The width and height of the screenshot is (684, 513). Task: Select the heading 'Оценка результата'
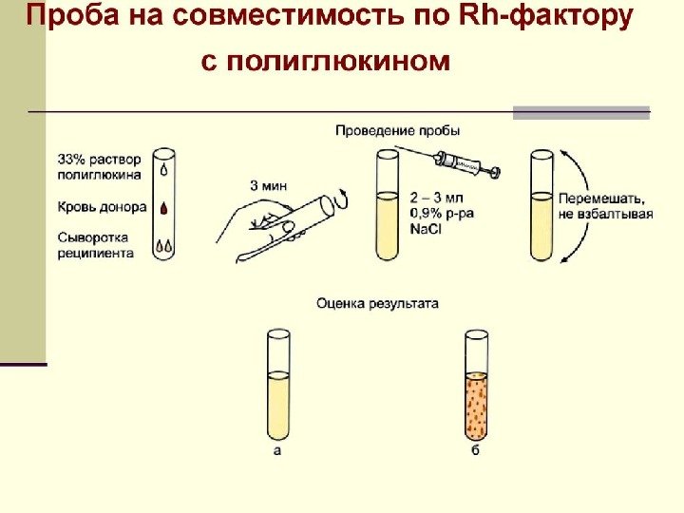coord(377,304)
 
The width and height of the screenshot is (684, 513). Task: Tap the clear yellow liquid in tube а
coord(278,404)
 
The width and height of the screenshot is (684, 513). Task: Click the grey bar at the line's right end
coord(580,112)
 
